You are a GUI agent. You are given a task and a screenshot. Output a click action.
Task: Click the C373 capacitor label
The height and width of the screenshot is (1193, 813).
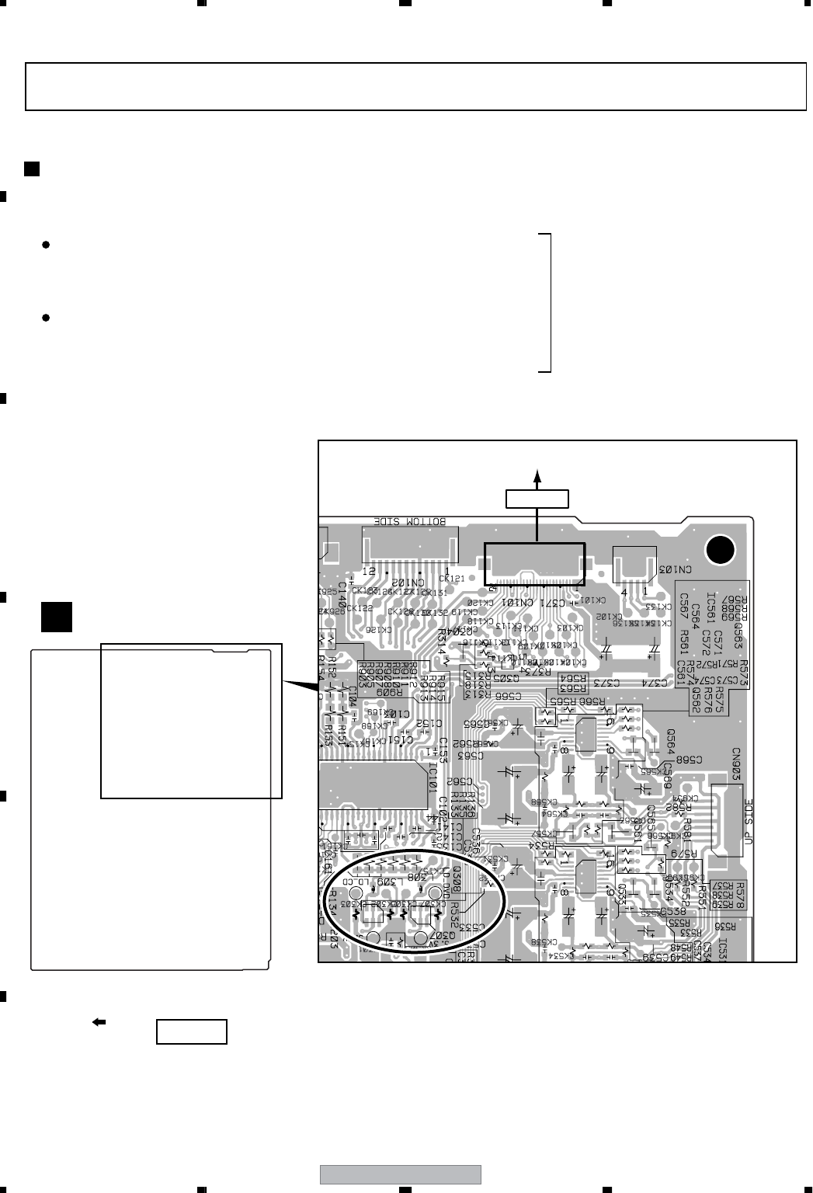point(613,682)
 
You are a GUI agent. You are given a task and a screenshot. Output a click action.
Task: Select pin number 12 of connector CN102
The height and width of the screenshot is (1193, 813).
point(371,571)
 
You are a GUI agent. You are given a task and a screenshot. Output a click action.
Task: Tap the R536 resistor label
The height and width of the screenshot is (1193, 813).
point(723,927)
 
